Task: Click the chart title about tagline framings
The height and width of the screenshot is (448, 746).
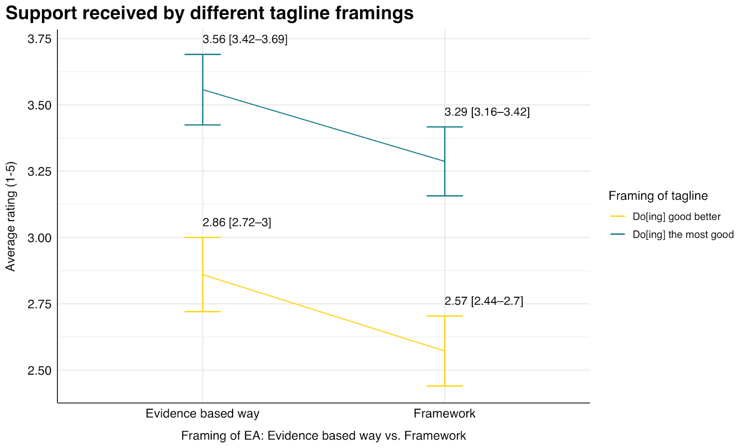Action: pyautogui.click(x=209, y=13)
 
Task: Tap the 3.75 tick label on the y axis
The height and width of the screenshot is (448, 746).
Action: pyautogui.click(x=39, y=39)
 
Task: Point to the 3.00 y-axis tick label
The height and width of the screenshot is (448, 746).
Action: pyautogui.click(x=39, y=238)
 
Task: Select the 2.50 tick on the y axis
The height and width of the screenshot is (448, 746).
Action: pyautogui.click(x=39, y=371)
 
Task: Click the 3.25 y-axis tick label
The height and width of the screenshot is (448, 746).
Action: pyautogui.click(x=39, y=172)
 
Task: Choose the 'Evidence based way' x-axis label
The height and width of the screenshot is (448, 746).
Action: pyautogui.click(x=202, y=413)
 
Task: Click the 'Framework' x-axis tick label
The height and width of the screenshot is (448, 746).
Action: pyautogui.click(x=444, y=413)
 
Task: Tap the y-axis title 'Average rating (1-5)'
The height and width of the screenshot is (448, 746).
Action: pyautogui.click(x=11, y=216)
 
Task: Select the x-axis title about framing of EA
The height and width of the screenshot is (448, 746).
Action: pyautogui.click(x=323, y=436)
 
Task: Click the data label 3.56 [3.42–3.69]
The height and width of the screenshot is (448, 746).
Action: pyautogui.click(x=245, y=39)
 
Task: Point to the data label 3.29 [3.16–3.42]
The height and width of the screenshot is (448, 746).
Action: pyautogui.click(x=487, y=112)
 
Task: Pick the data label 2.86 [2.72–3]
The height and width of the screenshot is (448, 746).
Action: pyautogui.click(x=237, y=223)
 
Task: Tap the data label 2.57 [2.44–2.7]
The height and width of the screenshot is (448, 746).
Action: pyautogui.click(x=484, y=301)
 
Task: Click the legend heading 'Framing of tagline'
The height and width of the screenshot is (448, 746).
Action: pyautogui.click(x=658, y=196)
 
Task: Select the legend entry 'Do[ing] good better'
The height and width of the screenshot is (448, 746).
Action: pyautogui.click(x=676, y=217)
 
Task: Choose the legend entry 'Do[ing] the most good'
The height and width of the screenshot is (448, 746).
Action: pyautogui.click(x=683, y=235)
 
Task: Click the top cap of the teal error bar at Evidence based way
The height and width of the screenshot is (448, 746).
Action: pyautogui.click(x=202, y=55)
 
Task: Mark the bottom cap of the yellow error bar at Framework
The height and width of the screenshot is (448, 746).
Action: pyautogui.click(x=444, y=386)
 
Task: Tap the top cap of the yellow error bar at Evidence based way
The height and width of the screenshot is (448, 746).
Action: pyautogui.click(x=202, y=238)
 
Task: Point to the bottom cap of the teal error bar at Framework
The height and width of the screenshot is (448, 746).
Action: pyautogui.click(x=444, y=196)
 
